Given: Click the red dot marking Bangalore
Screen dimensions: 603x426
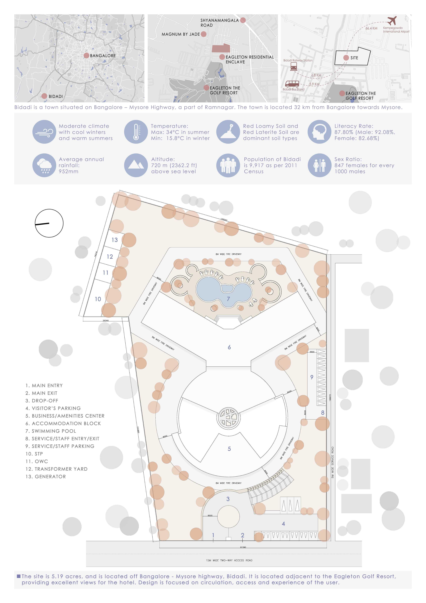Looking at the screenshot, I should [86, 55].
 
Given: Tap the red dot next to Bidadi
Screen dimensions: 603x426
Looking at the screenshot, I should [44, 96].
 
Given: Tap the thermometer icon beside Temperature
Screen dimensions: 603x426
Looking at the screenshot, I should [136, 132].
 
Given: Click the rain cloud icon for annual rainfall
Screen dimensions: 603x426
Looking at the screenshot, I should [44, 165].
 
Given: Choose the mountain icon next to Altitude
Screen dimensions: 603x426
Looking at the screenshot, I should [136, 165].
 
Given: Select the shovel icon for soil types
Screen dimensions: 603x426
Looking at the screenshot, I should [228, 132].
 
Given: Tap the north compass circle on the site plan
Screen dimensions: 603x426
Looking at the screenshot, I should [49, 223].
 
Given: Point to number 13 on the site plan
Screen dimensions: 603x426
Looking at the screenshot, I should [115, 240].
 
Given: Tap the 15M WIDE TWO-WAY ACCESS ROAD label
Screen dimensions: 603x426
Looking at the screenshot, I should [229, 560].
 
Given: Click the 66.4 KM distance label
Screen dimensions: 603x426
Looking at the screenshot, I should [371, 28].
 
